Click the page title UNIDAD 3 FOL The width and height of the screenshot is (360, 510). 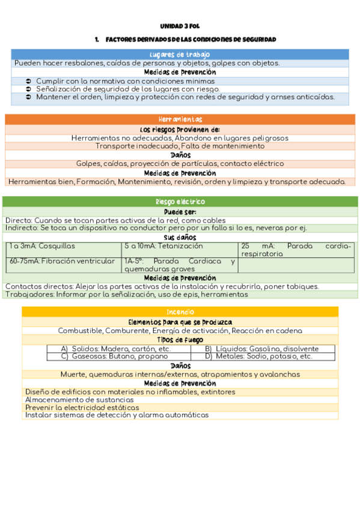[180, 27]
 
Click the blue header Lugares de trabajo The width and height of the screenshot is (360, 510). [180, 55]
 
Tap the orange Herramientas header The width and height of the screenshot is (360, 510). [180, 120]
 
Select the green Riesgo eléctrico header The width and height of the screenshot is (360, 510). [180, 202]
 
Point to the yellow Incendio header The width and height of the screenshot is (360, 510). [180, 312]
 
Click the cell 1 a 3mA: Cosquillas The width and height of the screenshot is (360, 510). [41, 246]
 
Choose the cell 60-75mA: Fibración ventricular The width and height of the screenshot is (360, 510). [62, 261]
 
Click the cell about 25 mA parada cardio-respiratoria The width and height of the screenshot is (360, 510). [296, 250]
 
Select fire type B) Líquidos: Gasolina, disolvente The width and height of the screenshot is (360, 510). [261, 349]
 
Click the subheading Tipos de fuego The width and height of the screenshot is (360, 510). [180, 340]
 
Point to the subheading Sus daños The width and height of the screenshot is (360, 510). [180, 238]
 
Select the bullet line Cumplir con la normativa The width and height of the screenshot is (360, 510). [125, 81]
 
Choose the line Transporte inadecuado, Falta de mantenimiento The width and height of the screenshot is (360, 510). [180, 146]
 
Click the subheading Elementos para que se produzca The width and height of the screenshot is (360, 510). [180, 322]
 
